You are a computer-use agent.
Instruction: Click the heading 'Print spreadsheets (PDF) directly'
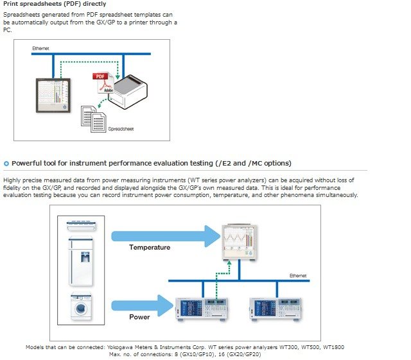point(55,4)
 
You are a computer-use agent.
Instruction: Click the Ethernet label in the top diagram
point(41,49)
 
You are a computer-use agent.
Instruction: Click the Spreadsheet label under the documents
point(120,129)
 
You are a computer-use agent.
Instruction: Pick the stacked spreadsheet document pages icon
point(94,119)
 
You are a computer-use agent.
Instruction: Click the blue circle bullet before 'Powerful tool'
point(6,163)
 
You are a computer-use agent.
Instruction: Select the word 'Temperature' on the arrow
point(150,247)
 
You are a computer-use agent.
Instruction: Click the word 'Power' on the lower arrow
point(139,316)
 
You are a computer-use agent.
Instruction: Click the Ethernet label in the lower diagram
point(297,275)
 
